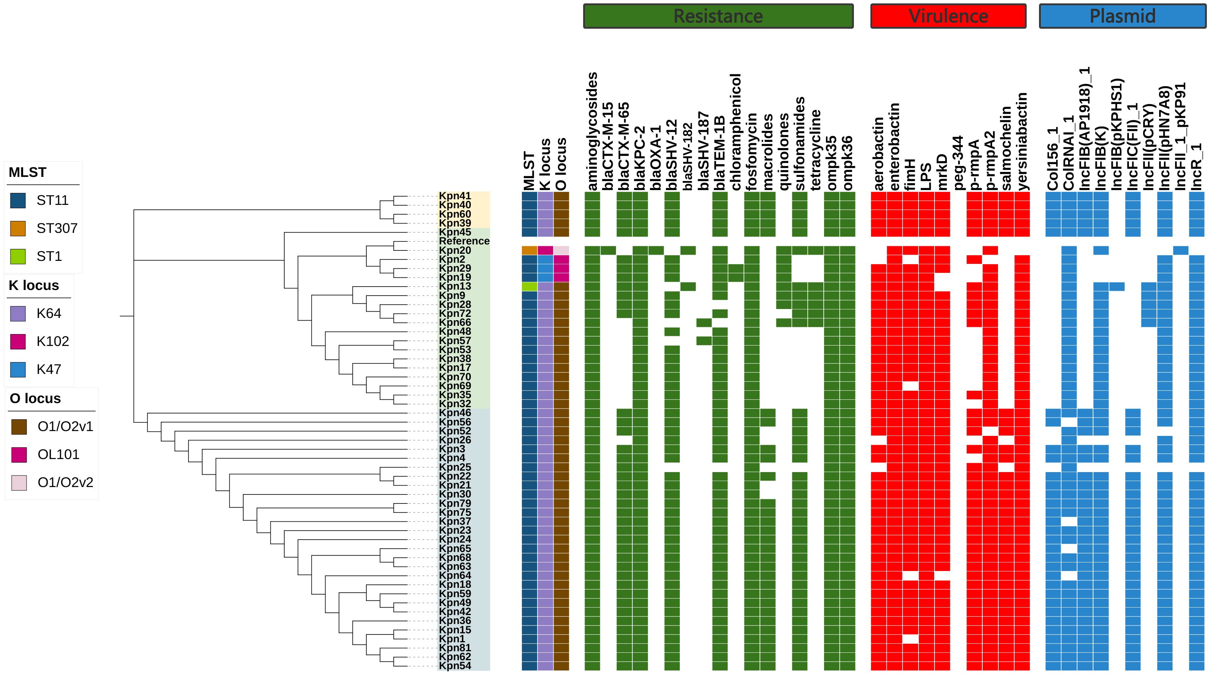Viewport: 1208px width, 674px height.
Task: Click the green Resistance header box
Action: tap(718, 16)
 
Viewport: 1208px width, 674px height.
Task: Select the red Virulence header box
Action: tap(948, 16)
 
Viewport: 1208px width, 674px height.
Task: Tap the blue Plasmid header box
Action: tap(1122, 16)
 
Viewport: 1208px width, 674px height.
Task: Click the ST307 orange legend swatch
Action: tap(18, 228)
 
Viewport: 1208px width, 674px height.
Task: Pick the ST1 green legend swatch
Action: tap(18, 256)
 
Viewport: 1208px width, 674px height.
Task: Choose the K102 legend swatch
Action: tap(18, 341)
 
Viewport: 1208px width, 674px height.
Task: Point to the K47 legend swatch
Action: tap(18, 369)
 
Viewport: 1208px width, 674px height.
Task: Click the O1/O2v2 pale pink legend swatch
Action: tap(19, 483)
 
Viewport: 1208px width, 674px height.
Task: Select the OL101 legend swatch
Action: tap(19, 455)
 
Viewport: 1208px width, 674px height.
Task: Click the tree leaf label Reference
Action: tap(464, 241)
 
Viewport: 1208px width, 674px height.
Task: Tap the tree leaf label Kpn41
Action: tap(455, 196)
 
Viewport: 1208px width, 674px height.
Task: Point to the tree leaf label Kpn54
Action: tap(455, 665)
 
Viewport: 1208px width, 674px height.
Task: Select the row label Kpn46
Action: tap(455, 413)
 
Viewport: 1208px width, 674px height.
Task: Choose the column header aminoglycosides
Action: tap(592, 131)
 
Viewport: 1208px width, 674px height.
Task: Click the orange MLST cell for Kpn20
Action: tap(529, 250)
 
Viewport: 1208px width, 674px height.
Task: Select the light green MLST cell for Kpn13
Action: tap(529, 287)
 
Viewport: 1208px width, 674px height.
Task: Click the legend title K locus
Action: tap(34, 285)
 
